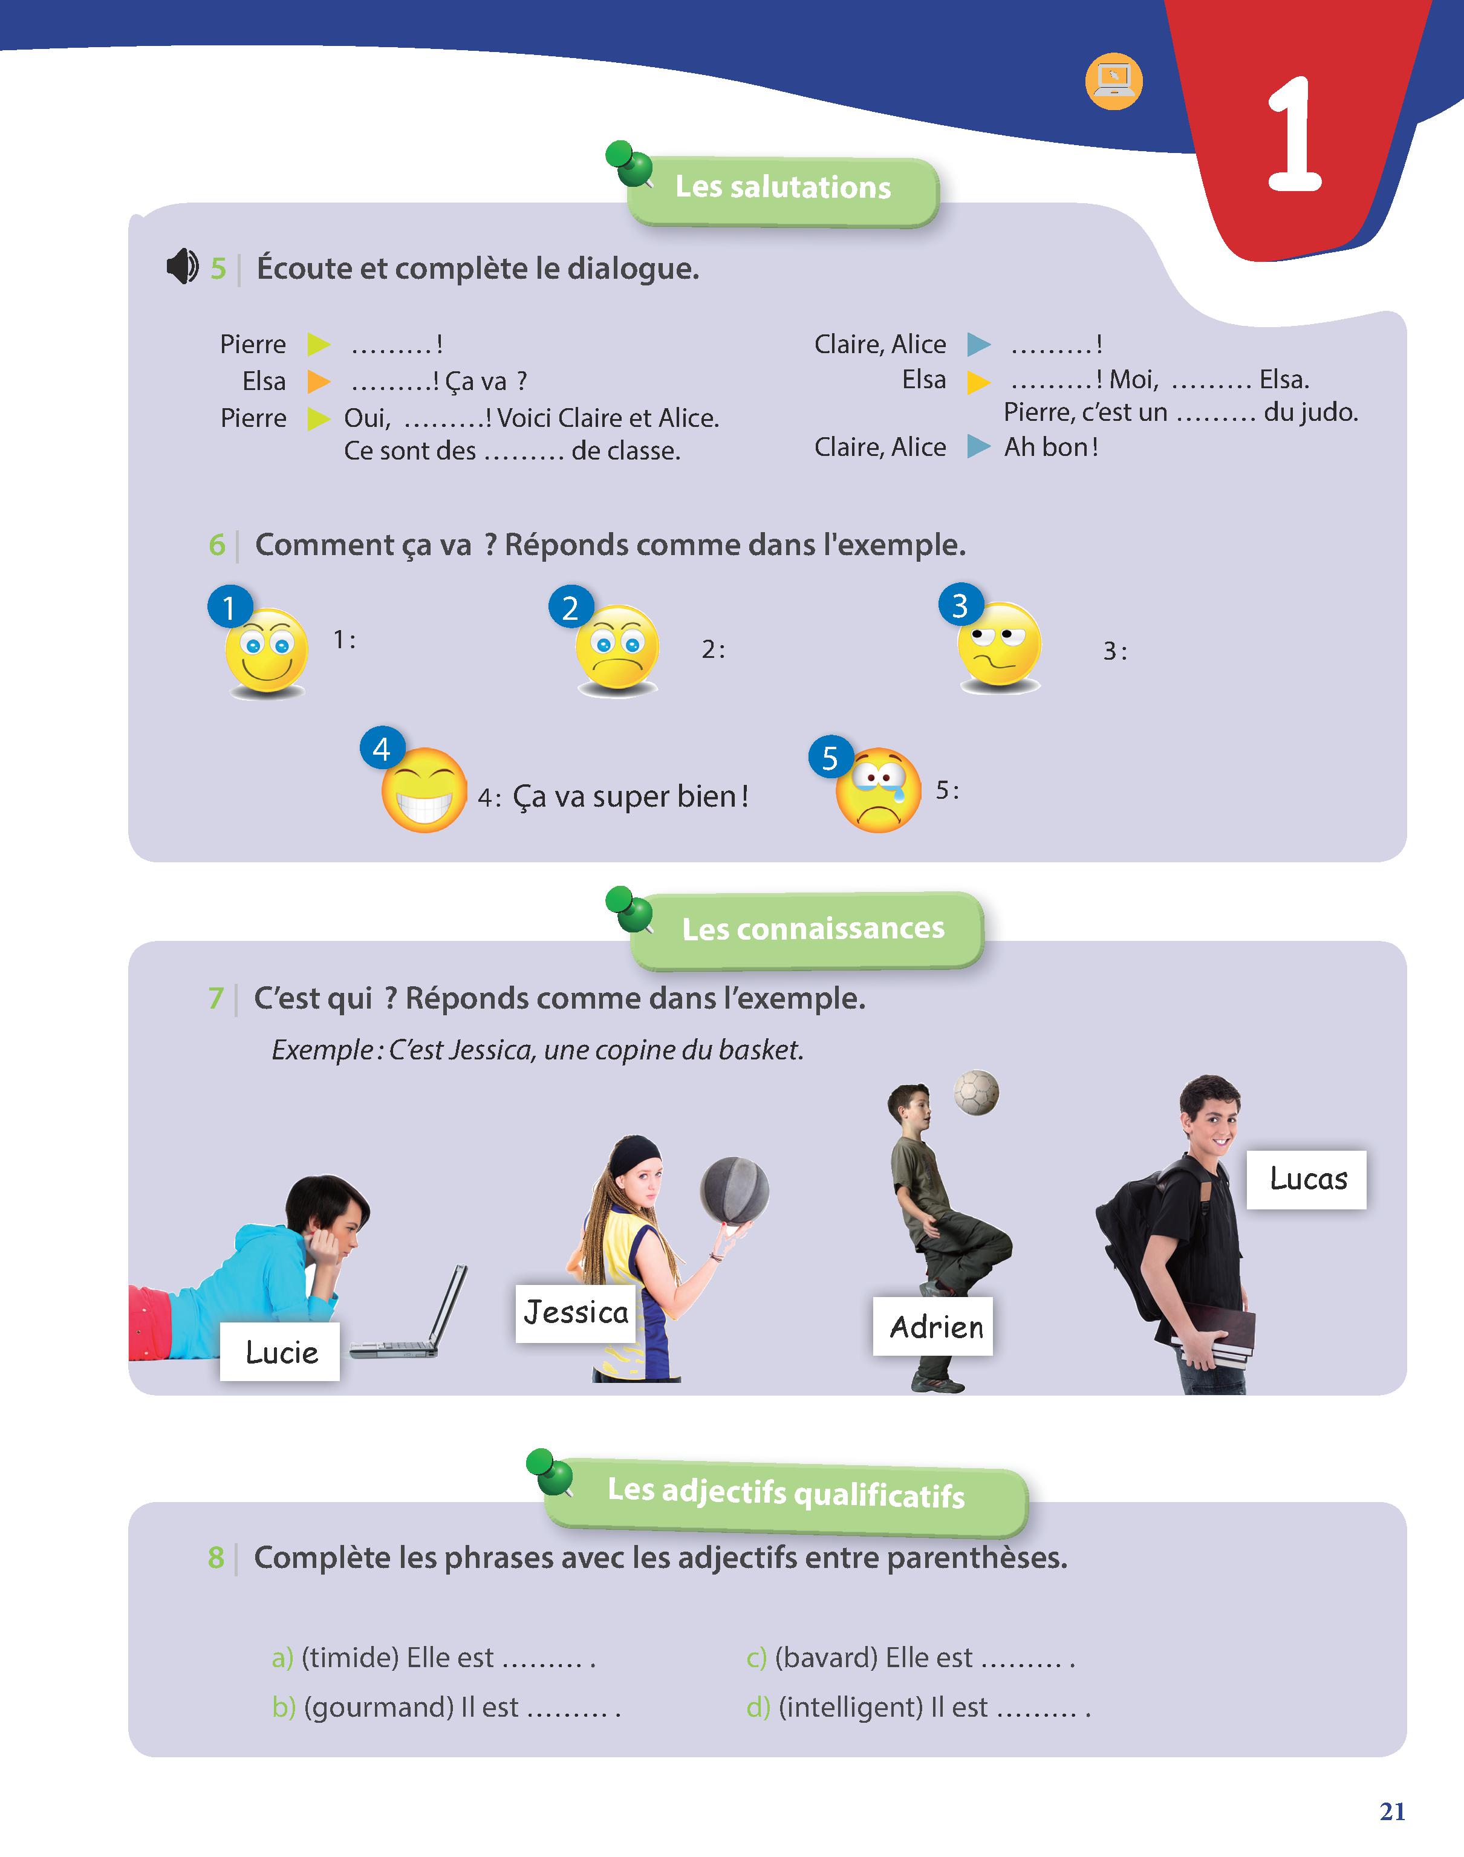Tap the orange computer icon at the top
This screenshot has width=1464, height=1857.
coord(1113,82)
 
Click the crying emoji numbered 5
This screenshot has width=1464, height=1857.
coord(877,789)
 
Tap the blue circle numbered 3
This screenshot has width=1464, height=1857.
coord(961,606)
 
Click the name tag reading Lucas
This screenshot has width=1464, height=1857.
coord(1306,1180)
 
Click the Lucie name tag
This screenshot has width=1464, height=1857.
coord(281,1351)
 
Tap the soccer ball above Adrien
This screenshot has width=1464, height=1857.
coord(976,1093)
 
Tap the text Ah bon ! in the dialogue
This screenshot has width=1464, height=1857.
coord(1052,446)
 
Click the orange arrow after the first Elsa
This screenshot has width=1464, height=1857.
coord(319,380)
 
